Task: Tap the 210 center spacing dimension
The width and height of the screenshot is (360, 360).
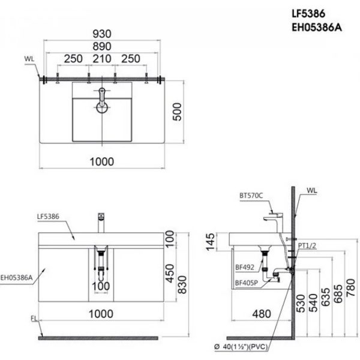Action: pyautogui.click(x=102, y=59)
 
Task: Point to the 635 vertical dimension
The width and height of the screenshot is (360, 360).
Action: pyautogui.click(x=325, y=298)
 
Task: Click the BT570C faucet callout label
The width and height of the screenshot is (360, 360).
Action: pyautogui.click(x=251, y=196)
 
